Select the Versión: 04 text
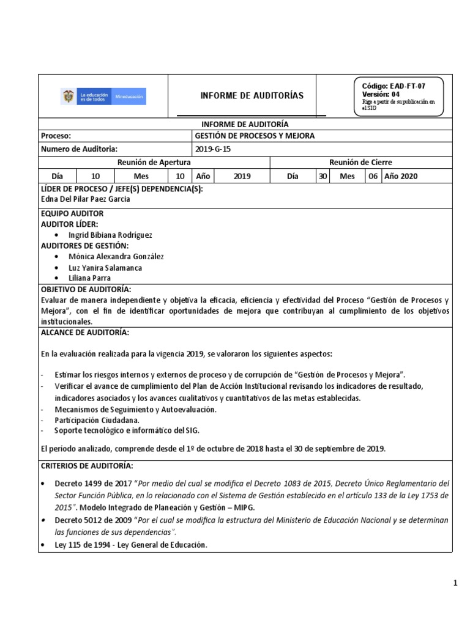[381, 94]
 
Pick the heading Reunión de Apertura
[154, 162]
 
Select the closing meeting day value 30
[322, 176]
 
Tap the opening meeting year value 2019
[242, 176]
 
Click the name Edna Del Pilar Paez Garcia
[86, 199]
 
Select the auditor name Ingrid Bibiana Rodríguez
[111, 235]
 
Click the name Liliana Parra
[91, 278]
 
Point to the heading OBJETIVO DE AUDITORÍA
[86, 289]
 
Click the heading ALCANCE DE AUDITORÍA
[84, 332]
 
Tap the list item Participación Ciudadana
[97, 420]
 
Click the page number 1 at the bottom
[455, 583]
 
